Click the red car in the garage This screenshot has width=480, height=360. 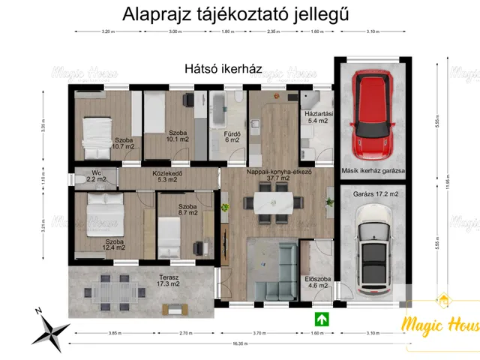(372, 112)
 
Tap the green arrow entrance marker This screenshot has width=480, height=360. (320, 317)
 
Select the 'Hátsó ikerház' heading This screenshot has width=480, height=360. (223, 68)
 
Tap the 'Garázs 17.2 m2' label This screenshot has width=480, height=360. (375, 194)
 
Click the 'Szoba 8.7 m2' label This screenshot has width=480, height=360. (187, 209)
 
